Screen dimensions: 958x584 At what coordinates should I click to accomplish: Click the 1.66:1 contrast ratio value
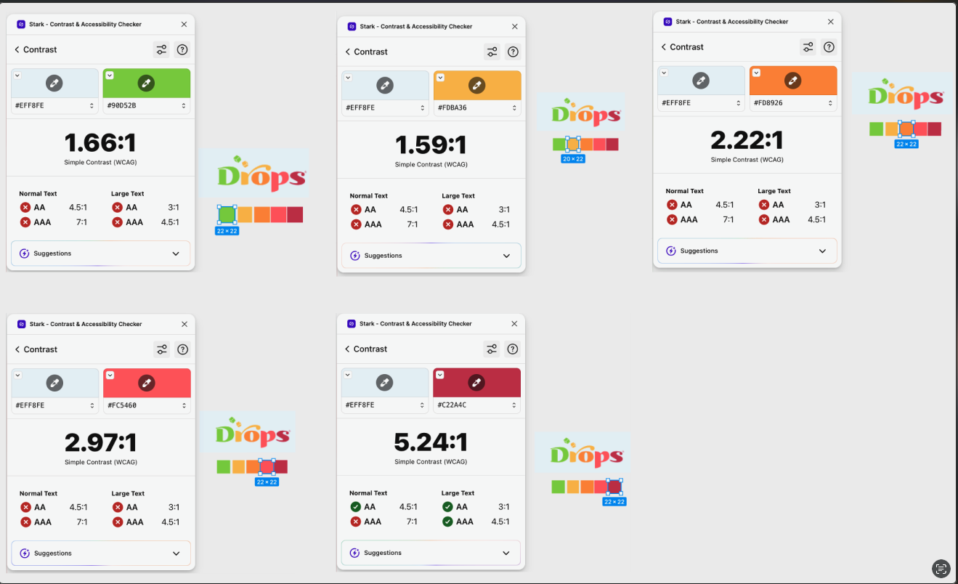(100, 142)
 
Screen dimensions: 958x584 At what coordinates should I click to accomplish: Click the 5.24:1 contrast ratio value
(431, 442)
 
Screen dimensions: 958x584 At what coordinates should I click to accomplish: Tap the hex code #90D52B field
(146, 105)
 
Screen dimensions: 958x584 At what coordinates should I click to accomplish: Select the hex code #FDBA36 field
(477, 108)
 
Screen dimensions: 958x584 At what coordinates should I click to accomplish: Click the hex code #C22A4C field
(476, 405)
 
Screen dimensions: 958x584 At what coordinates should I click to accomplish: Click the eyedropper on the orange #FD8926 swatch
(792, 81)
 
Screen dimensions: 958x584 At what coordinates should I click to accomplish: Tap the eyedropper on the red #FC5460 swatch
(146, 383)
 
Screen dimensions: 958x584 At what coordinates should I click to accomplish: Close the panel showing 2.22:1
(831, 21)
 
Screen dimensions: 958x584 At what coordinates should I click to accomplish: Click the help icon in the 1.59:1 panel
(513, 52)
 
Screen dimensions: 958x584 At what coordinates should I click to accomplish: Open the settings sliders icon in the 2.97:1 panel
(162, 349)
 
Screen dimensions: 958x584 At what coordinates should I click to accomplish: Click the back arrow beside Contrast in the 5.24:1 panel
(347, 349)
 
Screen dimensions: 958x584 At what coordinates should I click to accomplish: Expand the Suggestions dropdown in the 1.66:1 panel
(176, 254)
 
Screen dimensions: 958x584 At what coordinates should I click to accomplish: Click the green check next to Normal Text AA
(355, 507)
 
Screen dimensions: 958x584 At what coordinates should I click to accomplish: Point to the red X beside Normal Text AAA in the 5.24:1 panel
(355, 522)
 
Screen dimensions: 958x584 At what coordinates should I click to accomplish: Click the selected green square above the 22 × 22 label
(227, 215)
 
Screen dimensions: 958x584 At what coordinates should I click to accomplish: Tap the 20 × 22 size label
(573, 159)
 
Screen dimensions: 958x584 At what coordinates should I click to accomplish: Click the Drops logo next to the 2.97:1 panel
(252, 433)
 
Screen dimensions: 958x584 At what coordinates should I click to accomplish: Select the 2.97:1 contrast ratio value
(100, 442)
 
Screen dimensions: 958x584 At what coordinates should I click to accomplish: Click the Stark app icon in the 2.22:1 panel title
(667, 21)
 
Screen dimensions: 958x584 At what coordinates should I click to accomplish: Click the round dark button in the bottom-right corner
(941, 569)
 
